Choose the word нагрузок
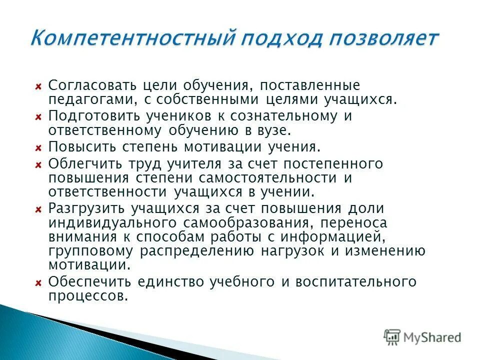coord(298,250)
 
